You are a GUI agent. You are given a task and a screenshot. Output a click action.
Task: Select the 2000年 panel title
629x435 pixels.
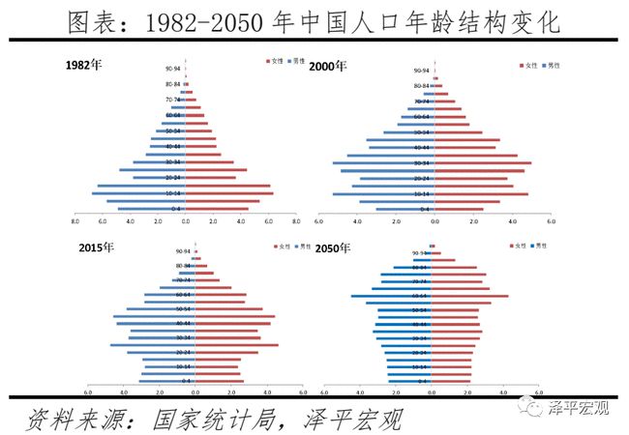[x=327, y=65]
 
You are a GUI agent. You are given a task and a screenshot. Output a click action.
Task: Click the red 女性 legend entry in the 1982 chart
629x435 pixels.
[x=275, y=61]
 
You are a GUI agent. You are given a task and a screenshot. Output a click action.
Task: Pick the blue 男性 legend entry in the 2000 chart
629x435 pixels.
[x=552, y=65]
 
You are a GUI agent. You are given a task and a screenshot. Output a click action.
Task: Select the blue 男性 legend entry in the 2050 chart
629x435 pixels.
[x=544, y=246]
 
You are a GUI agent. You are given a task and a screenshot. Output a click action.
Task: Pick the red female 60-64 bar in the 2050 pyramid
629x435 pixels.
[x=471, y=296]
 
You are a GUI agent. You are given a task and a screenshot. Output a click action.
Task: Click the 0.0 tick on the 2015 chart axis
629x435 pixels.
[x=195, y=392]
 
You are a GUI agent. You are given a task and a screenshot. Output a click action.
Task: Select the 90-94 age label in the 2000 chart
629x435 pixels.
[x=422, y=71]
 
